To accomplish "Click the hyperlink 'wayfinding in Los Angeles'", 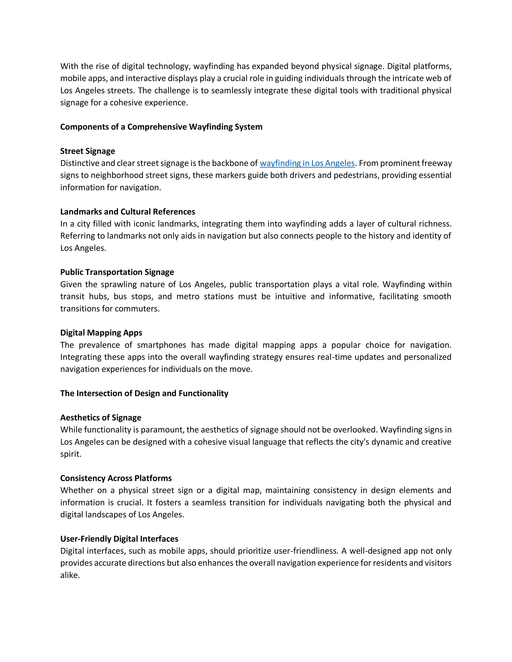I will click(307, 163).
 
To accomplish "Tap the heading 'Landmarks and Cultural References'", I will click(127, 212).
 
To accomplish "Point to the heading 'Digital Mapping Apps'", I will click(101, 332).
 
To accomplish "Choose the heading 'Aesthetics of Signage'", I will click(101, 417).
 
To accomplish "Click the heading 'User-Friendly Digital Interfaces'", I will click(119, 539).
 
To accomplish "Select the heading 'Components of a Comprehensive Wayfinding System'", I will click(161, 127).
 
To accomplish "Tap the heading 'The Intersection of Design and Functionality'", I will click(144, 393).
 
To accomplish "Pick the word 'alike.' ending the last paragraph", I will click(70, 575).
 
